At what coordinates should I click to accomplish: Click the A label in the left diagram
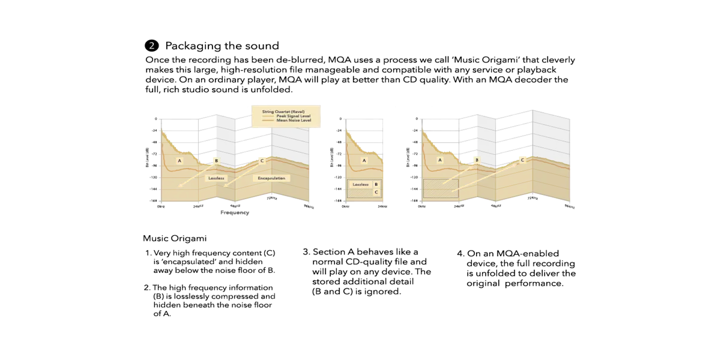coord(179,161)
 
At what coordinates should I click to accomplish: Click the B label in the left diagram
coord(216,161)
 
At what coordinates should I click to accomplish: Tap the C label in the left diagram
coord(262,161)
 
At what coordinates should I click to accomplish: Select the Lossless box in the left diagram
coord(215,178)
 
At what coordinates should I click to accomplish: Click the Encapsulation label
coord(271,178)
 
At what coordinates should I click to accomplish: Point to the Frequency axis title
coord(235,212)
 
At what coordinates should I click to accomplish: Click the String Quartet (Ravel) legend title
coord(284,111)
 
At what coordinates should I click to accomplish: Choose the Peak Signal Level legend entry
coord(293,116)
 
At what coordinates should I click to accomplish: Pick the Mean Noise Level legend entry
coord(293,121)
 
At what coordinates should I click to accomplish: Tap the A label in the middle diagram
coord(363,161)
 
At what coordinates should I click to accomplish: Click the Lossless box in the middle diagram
coord(360,185)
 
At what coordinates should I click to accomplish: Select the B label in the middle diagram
coord(376,185)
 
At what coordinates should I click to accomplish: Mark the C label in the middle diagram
coord(376,193)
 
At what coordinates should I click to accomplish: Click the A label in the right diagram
coord(440,161)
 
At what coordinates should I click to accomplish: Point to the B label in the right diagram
coord(477,161)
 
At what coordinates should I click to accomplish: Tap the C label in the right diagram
coord(522,161)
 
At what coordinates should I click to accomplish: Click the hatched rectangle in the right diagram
coord(440,188)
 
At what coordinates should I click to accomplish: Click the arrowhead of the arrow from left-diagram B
coord(179,186)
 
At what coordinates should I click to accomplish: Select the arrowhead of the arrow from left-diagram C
coord(225,186)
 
